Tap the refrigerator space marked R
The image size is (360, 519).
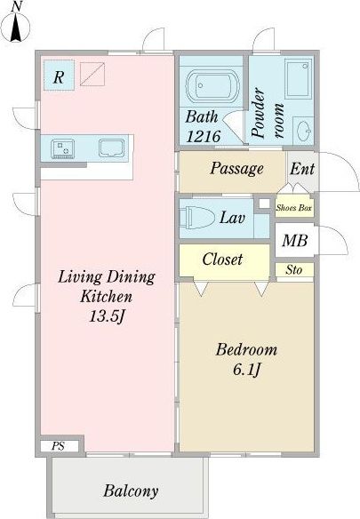(59, 76)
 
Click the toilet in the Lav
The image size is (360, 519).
(196, 218)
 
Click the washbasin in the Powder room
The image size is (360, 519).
(303, 131)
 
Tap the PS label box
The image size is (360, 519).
(58, 446)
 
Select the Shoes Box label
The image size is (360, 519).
(294, 208)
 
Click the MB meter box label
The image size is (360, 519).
(295, 241)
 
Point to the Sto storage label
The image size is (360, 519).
(294, 270)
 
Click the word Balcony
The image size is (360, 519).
(131, 491)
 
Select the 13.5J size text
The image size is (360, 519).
(107, 316)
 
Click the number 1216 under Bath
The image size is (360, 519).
(204, 136)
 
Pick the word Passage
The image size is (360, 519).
(237, 169)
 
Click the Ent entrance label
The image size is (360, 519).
(302, 169)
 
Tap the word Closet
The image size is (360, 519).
(222, 259)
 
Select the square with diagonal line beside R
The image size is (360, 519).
(92, 74)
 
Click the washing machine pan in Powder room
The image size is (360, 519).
(299, 78)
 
